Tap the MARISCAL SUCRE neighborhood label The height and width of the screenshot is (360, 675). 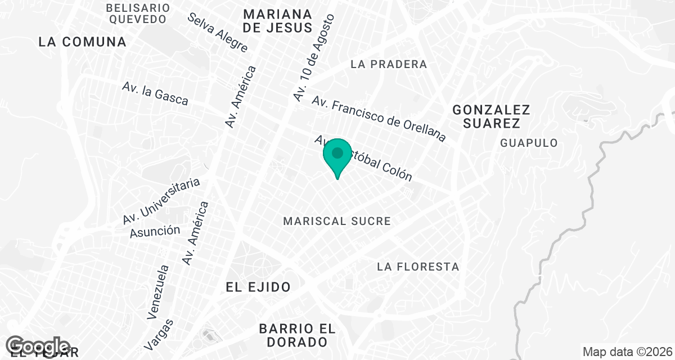click(x=337, y=221)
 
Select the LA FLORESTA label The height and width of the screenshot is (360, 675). click(x=418, y=267)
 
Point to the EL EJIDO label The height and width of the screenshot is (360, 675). click(x=258, y=287)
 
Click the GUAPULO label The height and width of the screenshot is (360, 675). click(x=529, y=143)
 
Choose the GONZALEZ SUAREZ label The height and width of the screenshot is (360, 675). click(x=491, y=116)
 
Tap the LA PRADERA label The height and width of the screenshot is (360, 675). click(x=389, y=64)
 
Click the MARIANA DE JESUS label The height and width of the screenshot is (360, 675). click(x=278, y=21)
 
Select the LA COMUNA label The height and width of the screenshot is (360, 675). click(x=82, y=42)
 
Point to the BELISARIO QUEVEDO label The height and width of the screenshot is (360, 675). click(x=138, y=13)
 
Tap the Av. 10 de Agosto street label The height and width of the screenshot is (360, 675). click(x=313, y=58)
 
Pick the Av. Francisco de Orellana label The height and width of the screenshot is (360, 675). click(x=379, y=119)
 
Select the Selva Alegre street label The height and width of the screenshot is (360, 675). click(x=218, y=32)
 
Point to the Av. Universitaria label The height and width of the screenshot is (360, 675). click(x=161, y=201)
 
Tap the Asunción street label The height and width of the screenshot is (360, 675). click(x=155, y=231)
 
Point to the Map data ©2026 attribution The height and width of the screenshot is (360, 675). click(x=627, y=352)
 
